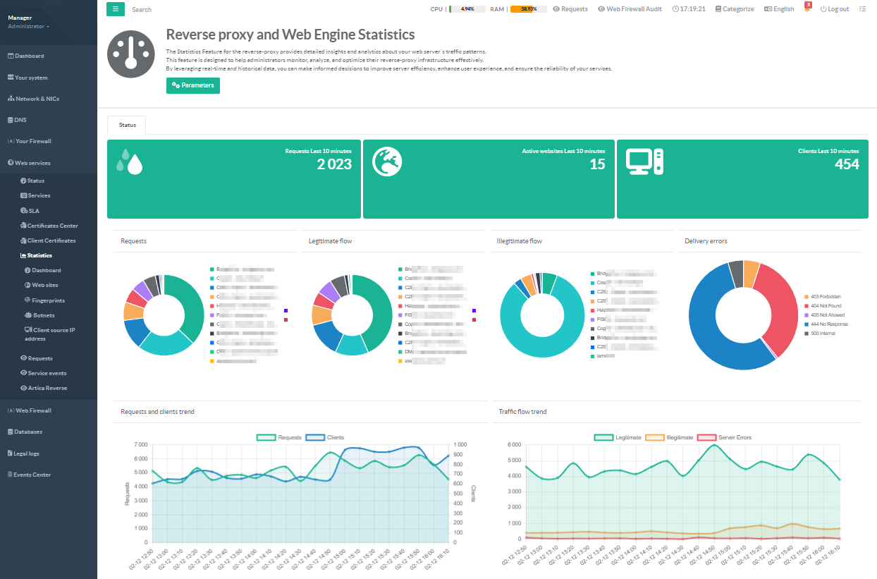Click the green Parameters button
pyautogui.click(x=193, y=85)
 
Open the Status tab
pyautogui.click(x=127, y=125)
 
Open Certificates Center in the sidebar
pyautogui.click(x=52, y=226)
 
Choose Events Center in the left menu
pyautogui.click(x=32, y=475)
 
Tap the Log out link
pyautogui.click(x=835, y=9)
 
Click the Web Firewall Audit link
pyautogui.click(x=630, y=9)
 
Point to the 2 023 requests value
pyautogui.click(x=334, y=164)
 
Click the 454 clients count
pyautogui.click(x=847, y=164)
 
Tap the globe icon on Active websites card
pyautogui.click(x=387, y=161)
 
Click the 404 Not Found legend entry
pyautogui.click(x=827, y=306)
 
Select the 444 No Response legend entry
pyautogui.click(x=828, y=324)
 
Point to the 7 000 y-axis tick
pyautogui.click(x=140, y=445)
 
